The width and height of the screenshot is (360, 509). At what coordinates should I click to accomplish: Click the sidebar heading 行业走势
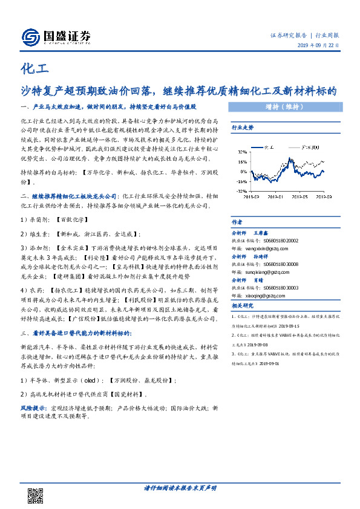point(243,128)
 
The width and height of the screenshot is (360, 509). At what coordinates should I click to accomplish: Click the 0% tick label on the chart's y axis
point(243,171)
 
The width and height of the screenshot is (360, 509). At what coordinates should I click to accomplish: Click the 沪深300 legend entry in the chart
point(311,148)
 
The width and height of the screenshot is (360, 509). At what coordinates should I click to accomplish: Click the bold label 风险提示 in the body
point(31,409)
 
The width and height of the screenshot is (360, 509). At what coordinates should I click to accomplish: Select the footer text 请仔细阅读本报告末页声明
point(180,488)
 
